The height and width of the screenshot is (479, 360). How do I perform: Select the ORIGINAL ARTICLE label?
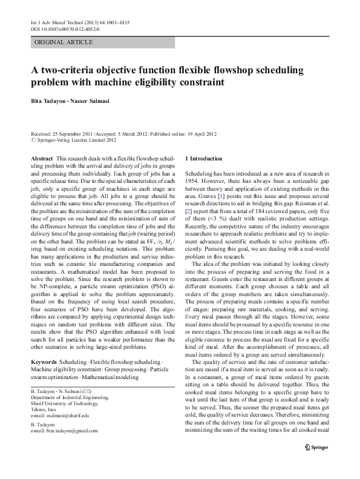[64, 42]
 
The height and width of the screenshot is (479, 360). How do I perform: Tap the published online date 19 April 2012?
[196, 133]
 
